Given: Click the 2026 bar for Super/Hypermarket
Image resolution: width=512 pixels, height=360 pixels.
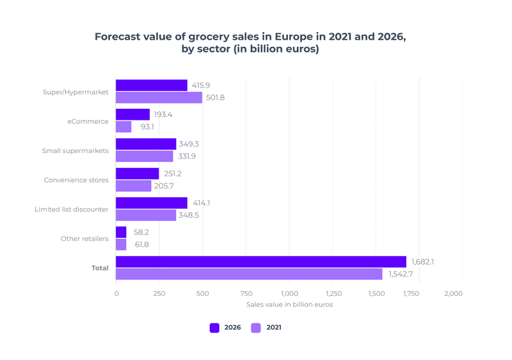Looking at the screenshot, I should (x=152, y=85).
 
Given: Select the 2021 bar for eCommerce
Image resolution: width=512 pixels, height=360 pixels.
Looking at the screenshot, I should (x=124, y=127).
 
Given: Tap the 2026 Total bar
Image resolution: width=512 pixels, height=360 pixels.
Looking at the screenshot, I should (x=261, y=262).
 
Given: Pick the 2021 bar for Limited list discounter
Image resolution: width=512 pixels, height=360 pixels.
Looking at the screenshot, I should (x=146, y=215).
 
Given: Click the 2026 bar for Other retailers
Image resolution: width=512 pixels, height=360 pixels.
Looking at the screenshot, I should (x=121, y=233).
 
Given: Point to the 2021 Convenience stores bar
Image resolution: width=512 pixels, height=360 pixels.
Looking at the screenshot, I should (x=134, y=186).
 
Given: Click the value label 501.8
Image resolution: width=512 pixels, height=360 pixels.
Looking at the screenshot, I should (x=215, y=97).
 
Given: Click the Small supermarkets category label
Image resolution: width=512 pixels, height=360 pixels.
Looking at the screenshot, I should (x=75, y=151).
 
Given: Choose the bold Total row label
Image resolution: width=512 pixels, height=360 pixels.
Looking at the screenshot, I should (x=100, y=268).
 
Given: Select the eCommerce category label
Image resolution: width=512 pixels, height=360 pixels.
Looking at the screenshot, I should (x=88, y=121).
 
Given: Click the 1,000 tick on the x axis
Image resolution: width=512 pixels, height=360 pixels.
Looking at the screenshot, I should (x=289, y=293).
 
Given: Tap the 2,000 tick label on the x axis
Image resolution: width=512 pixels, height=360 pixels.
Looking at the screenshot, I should (x=453, y=293).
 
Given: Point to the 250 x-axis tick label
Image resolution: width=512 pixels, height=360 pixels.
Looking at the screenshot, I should (x=159, y=293).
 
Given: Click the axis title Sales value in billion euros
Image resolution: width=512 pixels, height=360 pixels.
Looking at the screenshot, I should (x=289, y=304).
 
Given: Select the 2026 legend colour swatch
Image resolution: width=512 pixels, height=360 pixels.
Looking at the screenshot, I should (x=214, y=328).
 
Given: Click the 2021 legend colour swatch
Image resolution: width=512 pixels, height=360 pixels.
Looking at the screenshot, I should (x=256, y=328).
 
